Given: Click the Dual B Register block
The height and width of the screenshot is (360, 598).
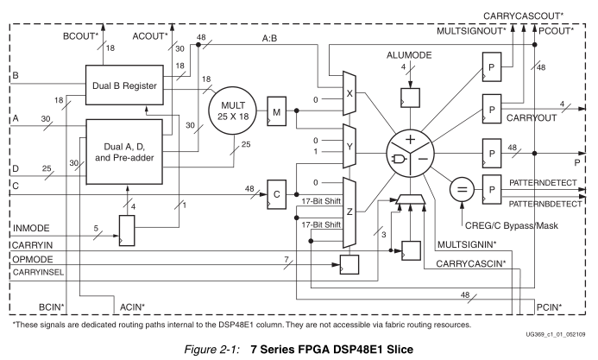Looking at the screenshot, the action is pos(124,85).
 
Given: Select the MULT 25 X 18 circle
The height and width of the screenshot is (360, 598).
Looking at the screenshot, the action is pos(233,111).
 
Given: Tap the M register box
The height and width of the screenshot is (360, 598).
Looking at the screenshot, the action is pos(276,111).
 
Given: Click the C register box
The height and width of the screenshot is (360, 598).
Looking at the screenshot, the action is pos(276,194).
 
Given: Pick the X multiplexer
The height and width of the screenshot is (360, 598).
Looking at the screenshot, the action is pos(349,93).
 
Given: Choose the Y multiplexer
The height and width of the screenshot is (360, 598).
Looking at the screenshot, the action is pos(349,146).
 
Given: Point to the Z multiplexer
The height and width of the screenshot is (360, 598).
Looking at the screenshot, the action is pos(349,212).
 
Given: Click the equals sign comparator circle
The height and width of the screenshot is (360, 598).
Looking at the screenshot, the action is pos(462,190).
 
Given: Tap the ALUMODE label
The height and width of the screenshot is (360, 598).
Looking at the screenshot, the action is pos(409,55).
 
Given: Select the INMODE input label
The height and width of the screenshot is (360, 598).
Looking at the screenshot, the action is pos(31,228).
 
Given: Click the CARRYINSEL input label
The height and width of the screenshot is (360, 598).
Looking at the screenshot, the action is pos(38,272).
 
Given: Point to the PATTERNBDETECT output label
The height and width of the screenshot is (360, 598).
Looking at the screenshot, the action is pos(545,205).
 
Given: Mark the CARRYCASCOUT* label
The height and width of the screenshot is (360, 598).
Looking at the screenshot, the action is pos(523,16).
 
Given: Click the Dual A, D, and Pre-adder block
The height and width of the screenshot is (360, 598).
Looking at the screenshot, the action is pos(124,152).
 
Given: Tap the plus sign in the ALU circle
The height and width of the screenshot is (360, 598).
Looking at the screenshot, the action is pos(411,139).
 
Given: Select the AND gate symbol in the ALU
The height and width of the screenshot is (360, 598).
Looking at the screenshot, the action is pos(397,159).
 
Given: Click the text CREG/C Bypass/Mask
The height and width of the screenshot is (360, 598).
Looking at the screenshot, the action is pos(512,226).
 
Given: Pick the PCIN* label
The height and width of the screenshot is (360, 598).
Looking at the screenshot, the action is pos(549,307).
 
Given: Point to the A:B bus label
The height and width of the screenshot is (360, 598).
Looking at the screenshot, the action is pos(269,38).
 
